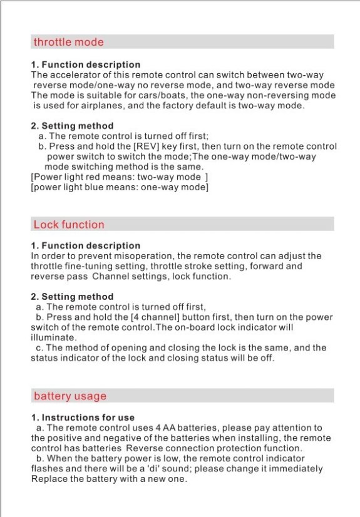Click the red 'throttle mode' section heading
point(68,43)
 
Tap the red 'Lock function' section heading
point(69,224)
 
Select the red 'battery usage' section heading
point(69,396)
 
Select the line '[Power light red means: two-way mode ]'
point(119,177)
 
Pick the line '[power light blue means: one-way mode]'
point(119,187)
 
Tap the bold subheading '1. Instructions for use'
point(83,417)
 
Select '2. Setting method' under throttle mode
point(73,126)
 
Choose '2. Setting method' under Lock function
point(73,297)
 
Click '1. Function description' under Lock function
point(86,245)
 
